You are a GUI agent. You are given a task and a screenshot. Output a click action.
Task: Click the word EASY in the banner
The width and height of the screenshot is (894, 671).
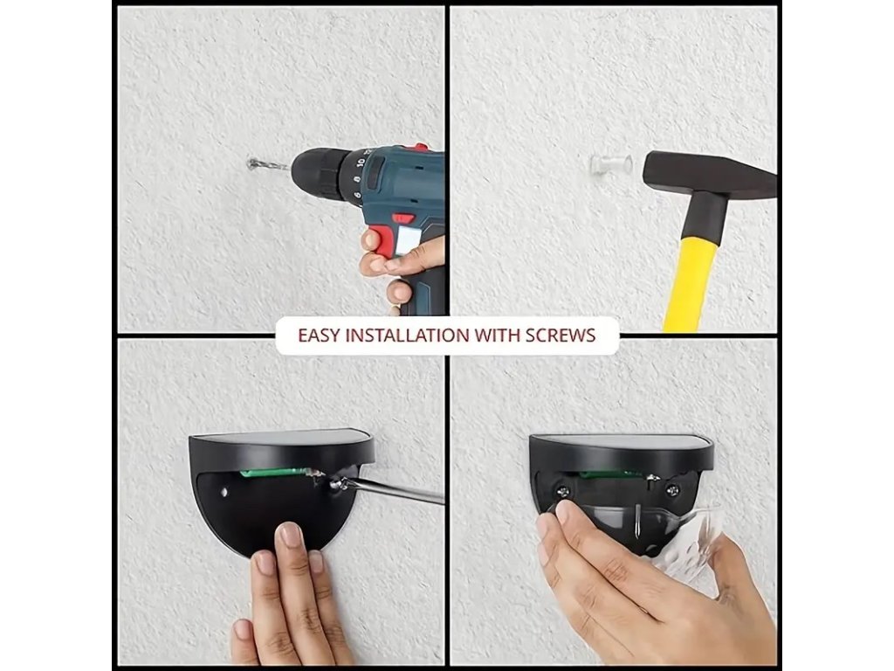pos(320,335)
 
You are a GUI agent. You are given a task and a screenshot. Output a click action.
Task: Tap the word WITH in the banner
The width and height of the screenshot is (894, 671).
pos(497,335)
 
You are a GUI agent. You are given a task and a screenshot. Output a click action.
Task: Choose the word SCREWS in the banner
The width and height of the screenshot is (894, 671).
pos(560,335)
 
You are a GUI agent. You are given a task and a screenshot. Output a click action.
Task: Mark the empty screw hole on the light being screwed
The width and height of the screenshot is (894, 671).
pos(224,491)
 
